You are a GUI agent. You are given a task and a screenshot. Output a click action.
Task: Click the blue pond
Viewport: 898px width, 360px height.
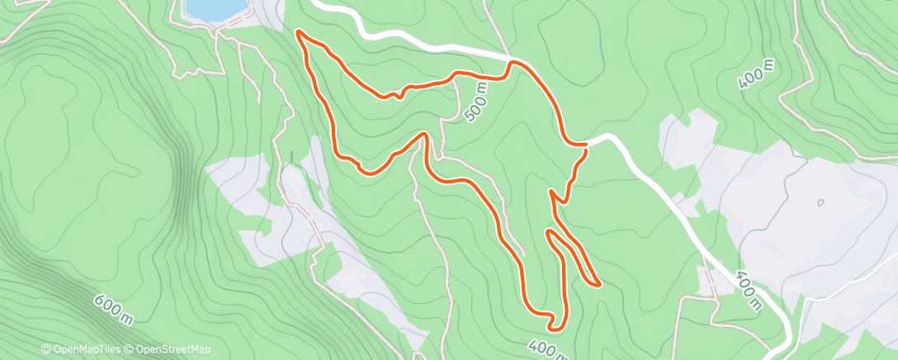click(215, 8)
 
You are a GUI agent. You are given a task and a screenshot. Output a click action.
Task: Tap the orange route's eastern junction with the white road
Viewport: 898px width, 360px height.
click(584, 146)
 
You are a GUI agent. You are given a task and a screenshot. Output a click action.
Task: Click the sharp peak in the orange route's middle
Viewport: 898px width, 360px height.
click(424, 134)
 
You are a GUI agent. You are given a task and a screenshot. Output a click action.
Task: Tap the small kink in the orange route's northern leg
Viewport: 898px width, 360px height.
click(399, 92)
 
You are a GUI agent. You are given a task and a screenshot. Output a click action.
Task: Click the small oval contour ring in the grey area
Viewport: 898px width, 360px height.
click(821, 202)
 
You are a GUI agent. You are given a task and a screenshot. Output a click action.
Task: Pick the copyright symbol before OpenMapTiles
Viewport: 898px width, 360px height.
click(46, 350)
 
